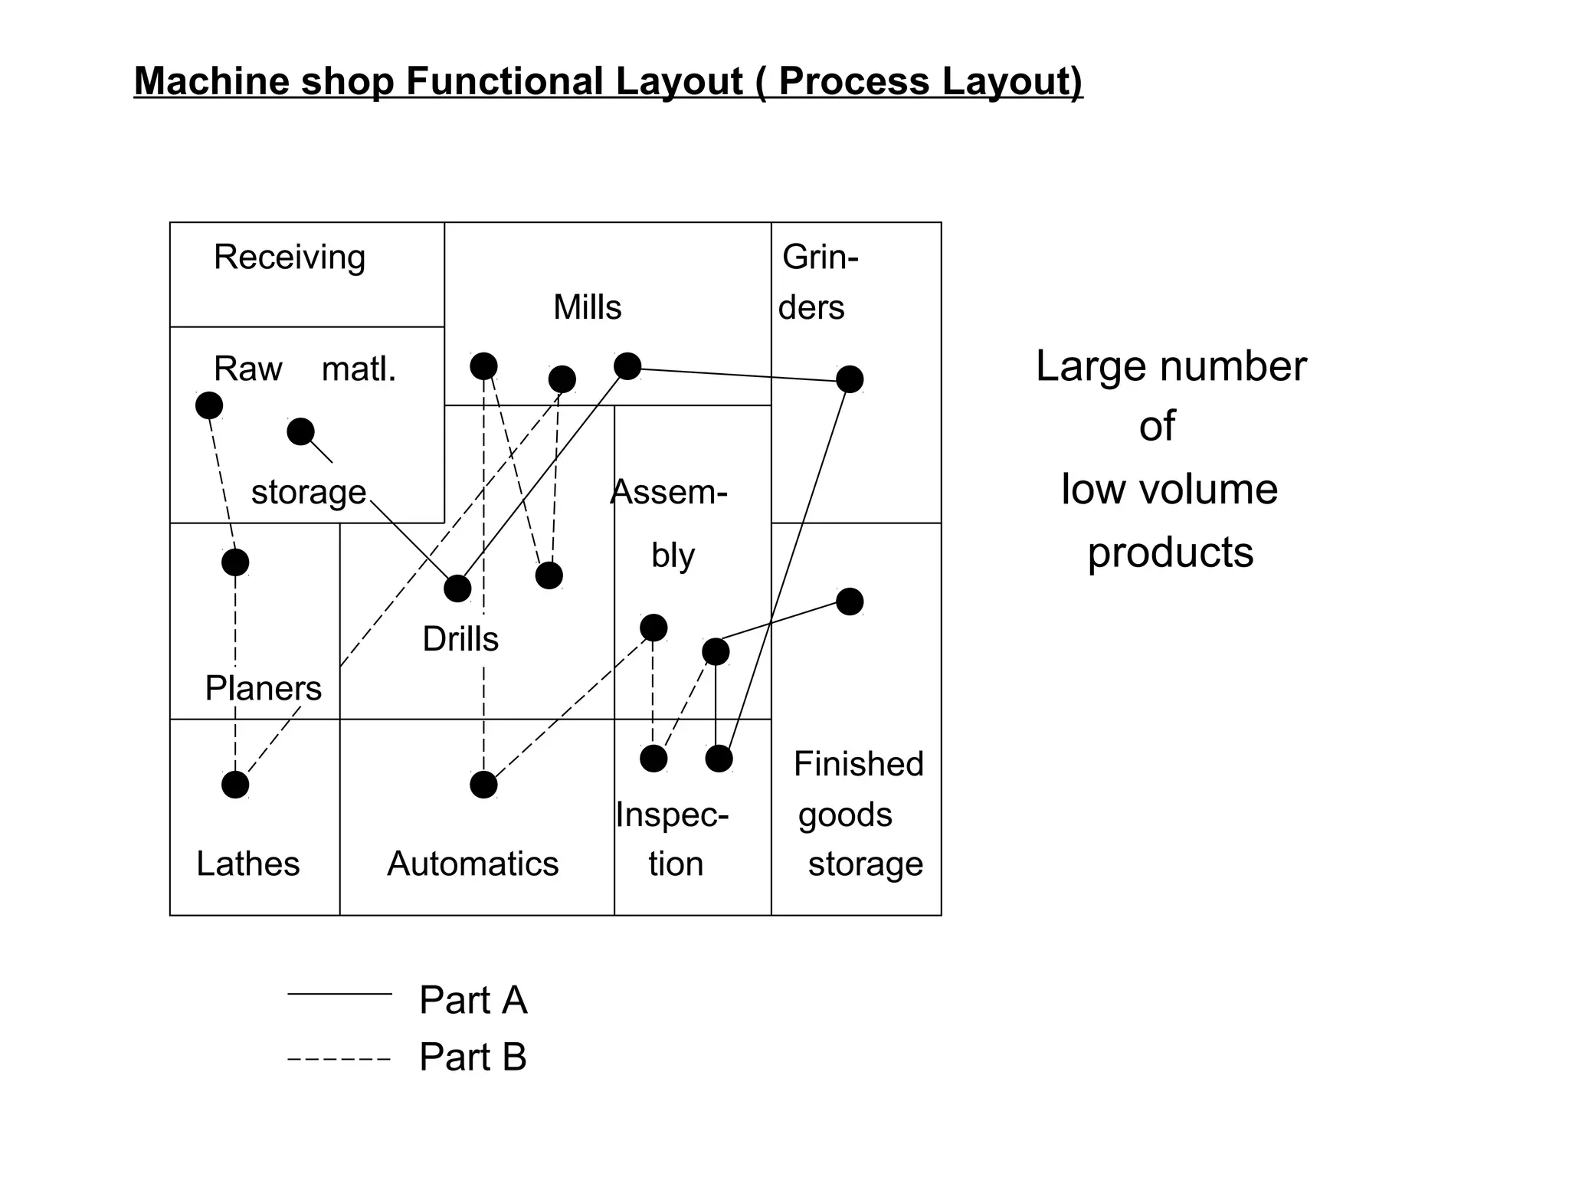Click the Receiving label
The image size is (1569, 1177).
[x=290, y=257]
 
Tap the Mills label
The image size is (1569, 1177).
[x=587, y=307]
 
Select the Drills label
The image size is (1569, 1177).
[x=460, y=639]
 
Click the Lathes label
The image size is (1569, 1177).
[x=247, y=864]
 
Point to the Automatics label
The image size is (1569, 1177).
[x=473, y=864]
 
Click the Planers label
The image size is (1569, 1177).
[x=263, y=688]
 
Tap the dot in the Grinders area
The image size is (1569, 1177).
[x=850, y=379]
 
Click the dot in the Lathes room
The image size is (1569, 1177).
[x=235, y=785]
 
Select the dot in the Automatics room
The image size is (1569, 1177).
[x=483, y=785]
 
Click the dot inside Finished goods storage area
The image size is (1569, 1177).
[x=850, y=602]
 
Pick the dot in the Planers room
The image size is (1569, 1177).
[x=235, y=562]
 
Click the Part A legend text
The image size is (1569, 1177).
[x=473, y=1000]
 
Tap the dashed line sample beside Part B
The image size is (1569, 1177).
[x=339, y=1059]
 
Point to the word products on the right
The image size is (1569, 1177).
[x=1170, y=553]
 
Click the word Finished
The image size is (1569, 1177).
[x=858, y=764]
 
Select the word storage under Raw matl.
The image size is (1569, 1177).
[x=309, y=492]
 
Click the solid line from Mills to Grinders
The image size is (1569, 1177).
[x=739, y=374]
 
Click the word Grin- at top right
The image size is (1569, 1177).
[x=820, y=257]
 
